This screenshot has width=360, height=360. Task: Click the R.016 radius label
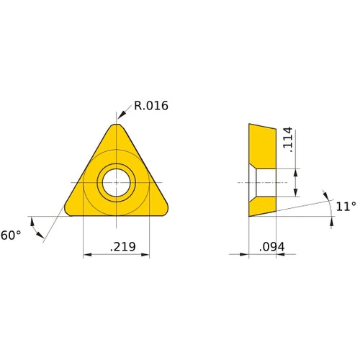pyautogui.click(x=151, y=106)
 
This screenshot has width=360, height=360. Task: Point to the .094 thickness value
pyautogui.click(x=271, y=247)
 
